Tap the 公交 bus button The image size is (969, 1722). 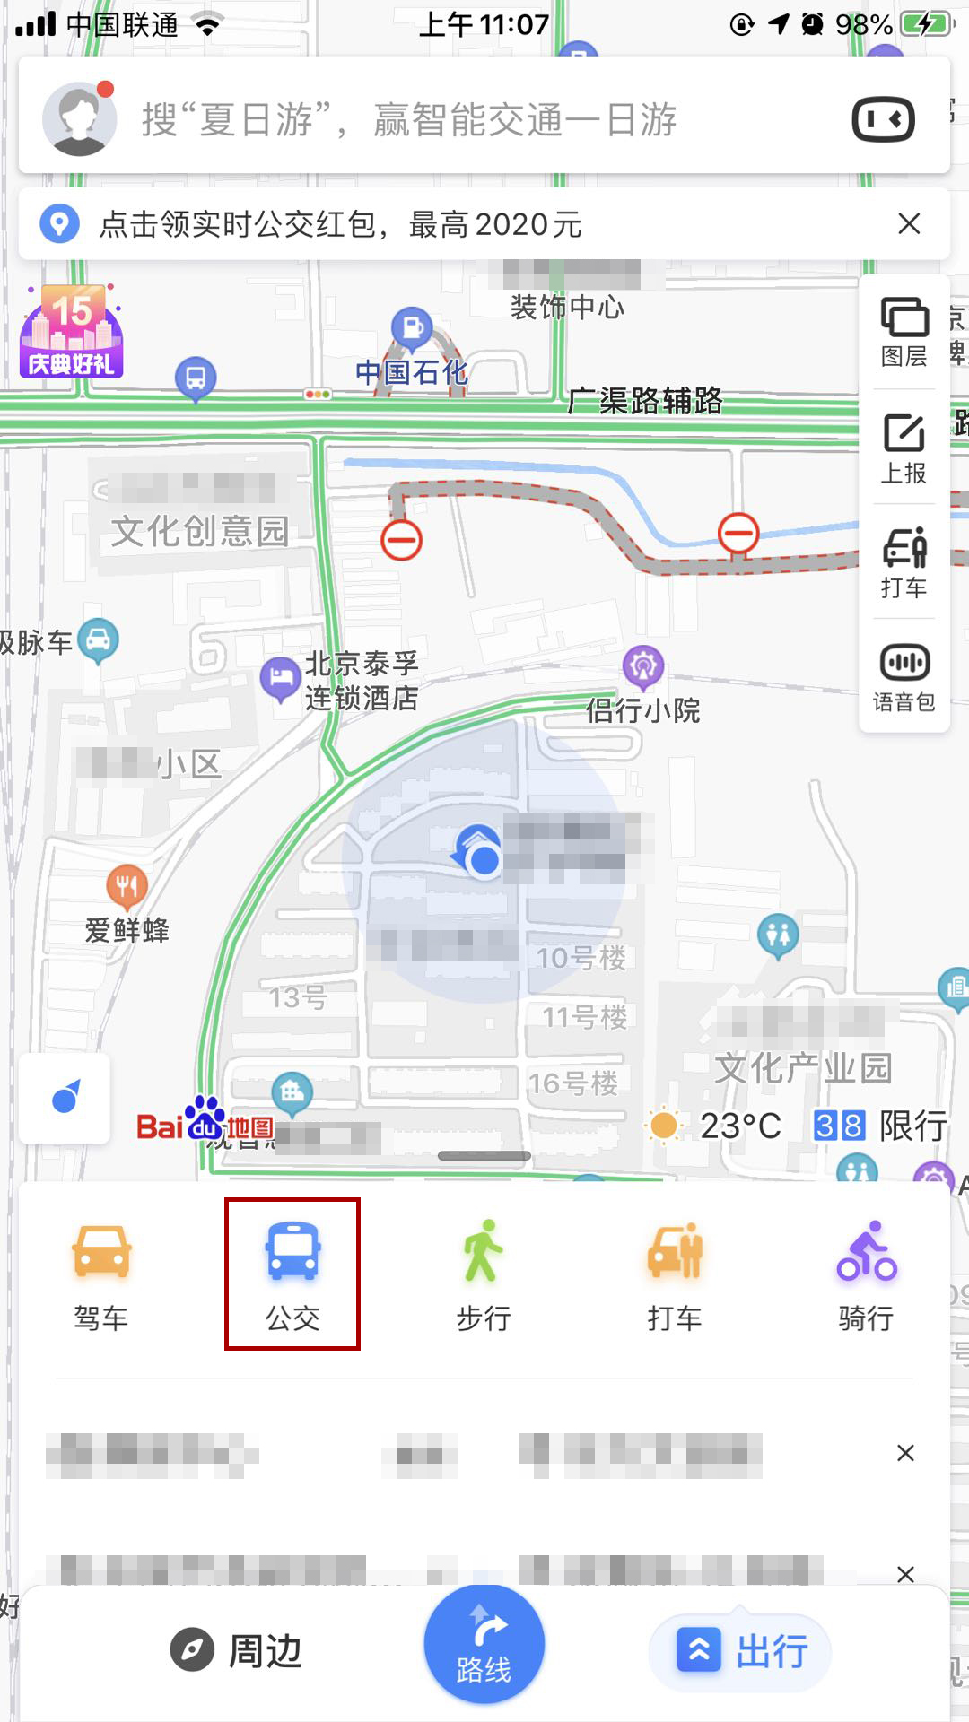tap(292, 1274)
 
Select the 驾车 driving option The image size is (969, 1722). tap(100, 1274)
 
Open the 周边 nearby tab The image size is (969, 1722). tap(237, 1651)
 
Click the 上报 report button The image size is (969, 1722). tap(904, 448)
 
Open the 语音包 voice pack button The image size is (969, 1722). tap(904, 677)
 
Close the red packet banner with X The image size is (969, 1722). tap(909, 223)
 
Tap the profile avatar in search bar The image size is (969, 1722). tap(80, 118)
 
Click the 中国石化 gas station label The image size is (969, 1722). tap(412, 371)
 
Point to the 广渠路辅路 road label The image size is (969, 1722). tap(645, 400)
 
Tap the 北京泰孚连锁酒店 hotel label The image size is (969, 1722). tap(361, 681)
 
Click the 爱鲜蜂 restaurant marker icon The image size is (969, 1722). tap(127, 886)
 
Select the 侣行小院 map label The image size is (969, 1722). tap(642, 710)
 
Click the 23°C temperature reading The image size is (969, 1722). tap(739, 1125)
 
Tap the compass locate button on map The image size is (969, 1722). tap(65, 1099)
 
